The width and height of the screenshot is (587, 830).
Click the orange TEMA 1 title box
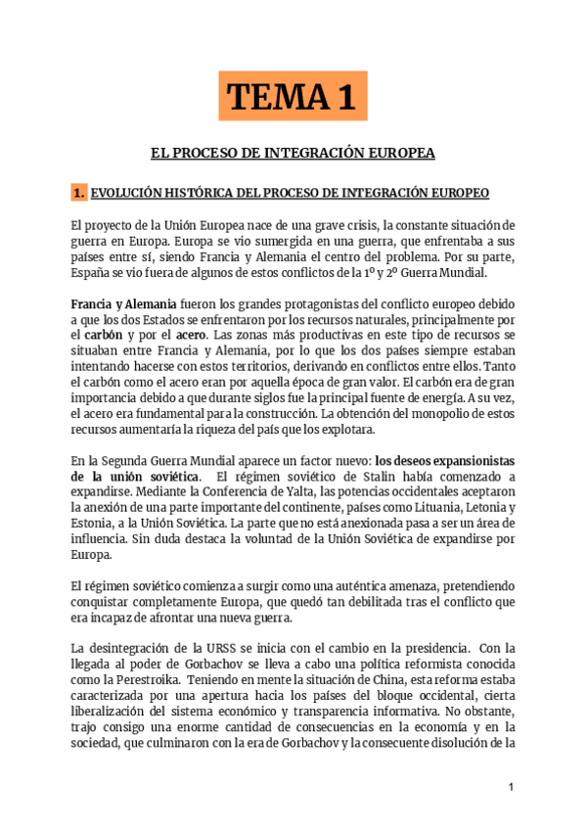[293, 98]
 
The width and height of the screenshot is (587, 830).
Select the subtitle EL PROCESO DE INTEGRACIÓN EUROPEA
[293, 154]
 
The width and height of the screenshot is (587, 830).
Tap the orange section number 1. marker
[79, 191]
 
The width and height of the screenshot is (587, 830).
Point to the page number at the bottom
[511, 788]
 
